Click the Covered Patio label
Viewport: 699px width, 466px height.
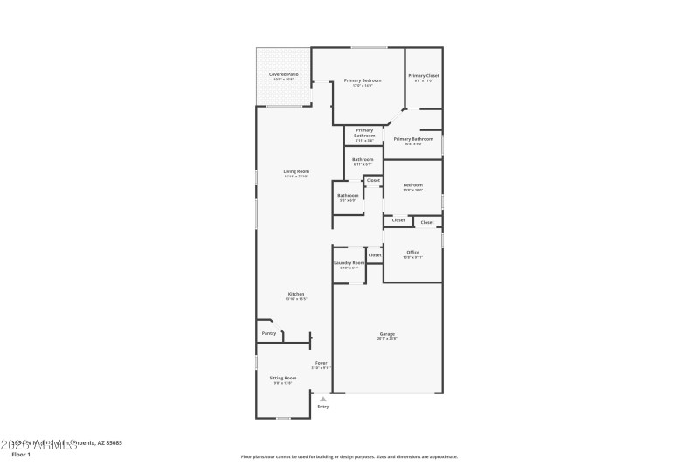(283, 75)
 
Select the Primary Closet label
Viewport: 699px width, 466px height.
(424, 76)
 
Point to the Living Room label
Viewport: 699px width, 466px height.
(295, 171)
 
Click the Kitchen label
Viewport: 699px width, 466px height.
(295, 294)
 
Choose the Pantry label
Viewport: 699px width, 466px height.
(269, 333)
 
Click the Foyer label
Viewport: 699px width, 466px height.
(322, 363)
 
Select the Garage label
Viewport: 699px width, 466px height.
(387, 334)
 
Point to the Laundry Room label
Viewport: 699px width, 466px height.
(349, 262)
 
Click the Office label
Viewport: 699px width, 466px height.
(412, 252)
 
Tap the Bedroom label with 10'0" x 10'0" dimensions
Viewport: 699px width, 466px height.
(412, 184)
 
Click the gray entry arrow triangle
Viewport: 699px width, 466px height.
(322, 399)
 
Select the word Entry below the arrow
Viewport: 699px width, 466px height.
(323, 407)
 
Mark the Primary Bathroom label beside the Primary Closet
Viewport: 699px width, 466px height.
(413, 139)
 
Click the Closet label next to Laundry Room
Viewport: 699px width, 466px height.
(374, 255)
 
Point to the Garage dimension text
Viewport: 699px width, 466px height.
(387, 339)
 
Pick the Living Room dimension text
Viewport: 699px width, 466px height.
(295, 177)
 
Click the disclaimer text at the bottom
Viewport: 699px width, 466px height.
(349, 456)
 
